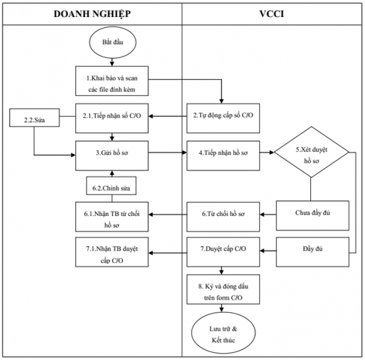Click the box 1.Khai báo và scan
tap(111, 83)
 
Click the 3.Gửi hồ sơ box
tap(111, 153)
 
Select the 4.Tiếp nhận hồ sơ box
tap(223, 153)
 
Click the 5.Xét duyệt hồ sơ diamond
tap(311, 153)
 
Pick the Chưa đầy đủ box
tap(311, 213)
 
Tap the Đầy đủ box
tap(311, 249)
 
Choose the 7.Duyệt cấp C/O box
tap(223, 249)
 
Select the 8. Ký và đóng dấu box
tap(223, 291)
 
